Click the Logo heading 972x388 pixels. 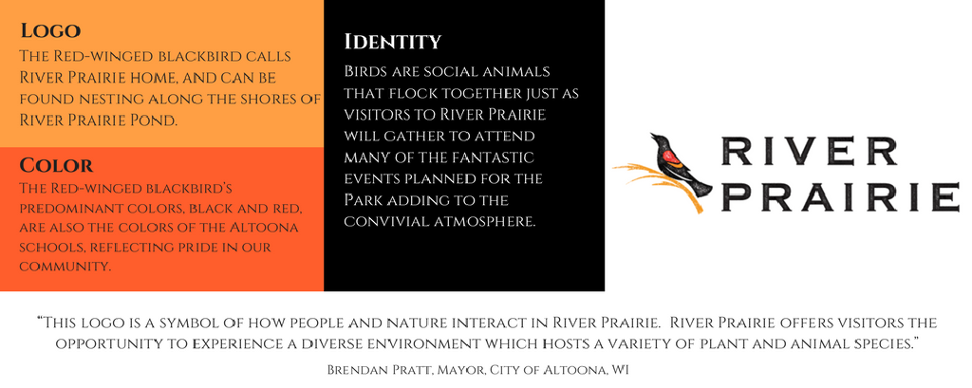coord(50,30)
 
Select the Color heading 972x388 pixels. coord(56,165)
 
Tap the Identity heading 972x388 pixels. coord(393,42)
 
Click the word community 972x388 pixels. coord(65,268)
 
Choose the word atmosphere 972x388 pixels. coord(487,221)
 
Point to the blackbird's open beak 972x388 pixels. coord(652,135)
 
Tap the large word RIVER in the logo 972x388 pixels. coord(809,151)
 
